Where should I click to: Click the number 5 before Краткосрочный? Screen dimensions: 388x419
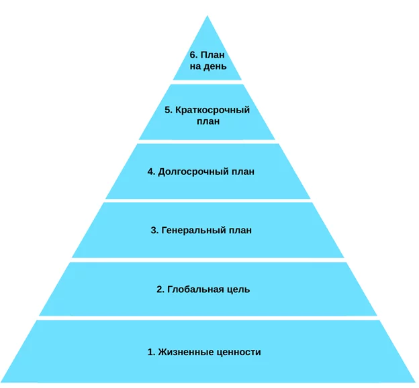(168, 110)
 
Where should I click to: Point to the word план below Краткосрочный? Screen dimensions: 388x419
(209, 121)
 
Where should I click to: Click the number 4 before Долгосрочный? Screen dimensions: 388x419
(151, 172)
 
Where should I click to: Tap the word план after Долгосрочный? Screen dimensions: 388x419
(244, 172)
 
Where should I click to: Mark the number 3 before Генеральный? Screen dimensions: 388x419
(154, 231)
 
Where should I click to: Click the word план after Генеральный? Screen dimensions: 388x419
(241, 231)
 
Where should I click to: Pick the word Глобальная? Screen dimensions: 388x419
(195, 289)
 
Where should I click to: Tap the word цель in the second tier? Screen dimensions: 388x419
(238, 289)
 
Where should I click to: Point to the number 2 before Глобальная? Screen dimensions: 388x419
(160, 289)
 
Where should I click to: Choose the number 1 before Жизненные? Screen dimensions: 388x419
(150, 351)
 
